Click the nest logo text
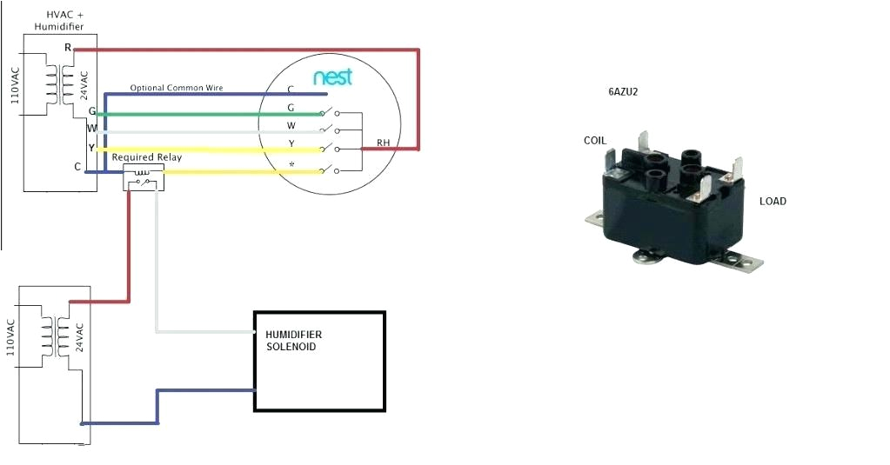click(333, 77)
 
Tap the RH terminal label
click(384, 142)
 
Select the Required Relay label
click(145, 157)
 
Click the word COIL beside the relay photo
click(595, 140)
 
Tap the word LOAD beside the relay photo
click(773, 202)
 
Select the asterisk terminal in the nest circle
click(291, 163)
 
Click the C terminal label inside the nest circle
click(291, 90)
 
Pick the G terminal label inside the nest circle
click(291, 108)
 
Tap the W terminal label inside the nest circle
click(291, 126)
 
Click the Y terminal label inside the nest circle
click(291, 144)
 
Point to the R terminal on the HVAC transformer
click(68, 47)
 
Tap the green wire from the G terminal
click(209, 114)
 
